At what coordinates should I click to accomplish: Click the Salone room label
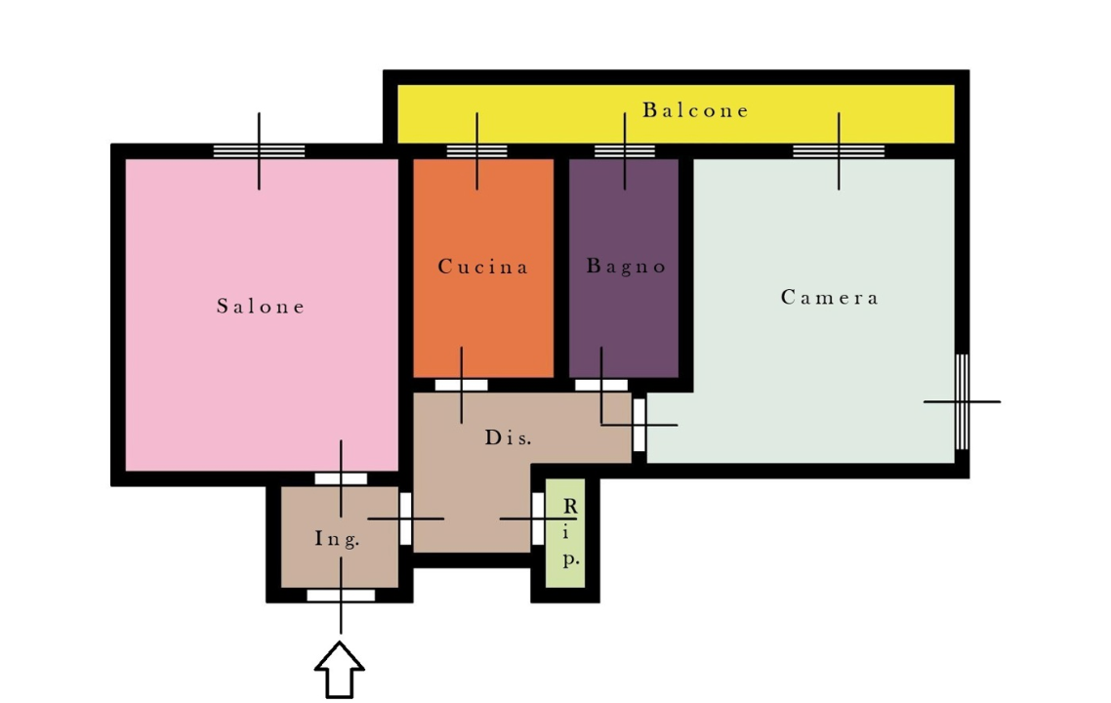click(x=261, y=307)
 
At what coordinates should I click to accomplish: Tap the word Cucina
click(x=482, y=267)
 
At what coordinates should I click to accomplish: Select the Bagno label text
click(x=627, y=267)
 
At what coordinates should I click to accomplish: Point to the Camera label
click(x=829, y=297)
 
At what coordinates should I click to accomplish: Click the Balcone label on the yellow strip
click(x=695, y=110)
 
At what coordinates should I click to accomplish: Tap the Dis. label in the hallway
click(x=508, y=437)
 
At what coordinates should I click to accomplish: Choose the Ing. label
click(x=337, y=539)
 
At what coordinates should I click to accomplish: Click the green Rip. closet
click(x=565, y=533)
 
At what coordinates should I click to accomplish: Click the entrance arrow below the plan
click(x=340, y=670)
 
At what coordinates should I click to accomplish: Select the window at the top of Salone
click(x=260, y=151)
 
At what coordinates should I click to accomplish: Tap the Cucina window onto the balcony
click(x=476, y=151)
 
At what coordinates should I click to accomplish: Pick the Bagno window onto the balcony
click(x=624, y=151)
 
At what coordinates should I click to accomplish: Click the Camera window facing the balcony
click(x=839, y=151)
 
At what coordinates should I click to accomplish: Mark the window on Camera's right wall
click(x=963, y=402)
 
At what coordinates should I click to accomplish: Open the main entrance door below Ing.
click(x=341, y=596)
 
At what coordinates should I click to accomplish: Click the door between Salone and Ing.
click(x=341, y=479)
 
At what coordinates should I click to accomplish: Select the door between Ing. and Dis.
click(x=405, y=518)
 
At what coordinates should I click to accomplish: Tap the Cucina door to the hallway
click(x=461, y=386)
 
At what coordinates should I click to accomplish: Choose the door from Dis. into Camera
click(x=638, y=425)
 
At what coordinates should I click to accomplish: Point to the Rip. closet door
click(x=538, y=518)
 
